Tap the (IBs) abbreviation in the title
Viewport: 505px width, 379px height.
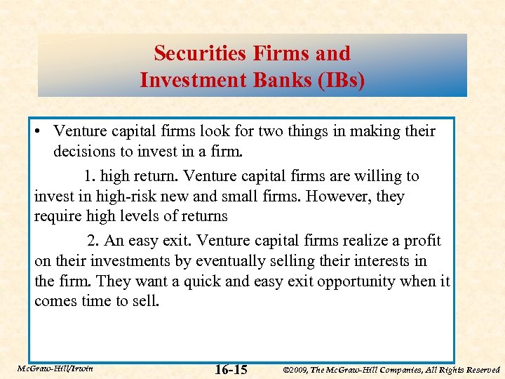click(x=339, y=80)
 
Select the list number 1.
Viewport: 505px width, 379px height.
click(x=89, y=175)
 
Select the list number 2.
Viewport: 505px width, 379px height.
click(x=93, y=240)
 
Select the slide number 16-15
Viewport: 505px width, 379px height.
click(x=231, y=369)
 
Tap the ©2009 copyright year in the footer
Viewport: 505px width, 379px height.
click(x=298, y=369)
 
